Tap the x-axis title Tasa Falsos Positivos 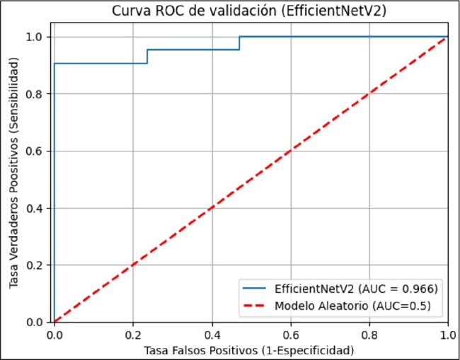coord(249,350)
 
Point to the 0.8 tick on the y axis coord(40,94)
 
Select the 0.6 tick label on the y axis coord(40,151)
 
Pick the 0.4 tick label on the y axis coord(40,208)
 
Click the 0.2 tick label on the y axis coord(40,265)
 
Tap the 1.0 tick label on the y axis coord(40,37)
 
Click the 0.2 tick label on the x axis coord(132,335)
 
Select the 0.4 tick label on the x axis coord(212,335)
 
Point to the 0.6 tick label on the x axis coord(290,335)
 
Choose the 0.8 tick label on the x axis coord(369,335)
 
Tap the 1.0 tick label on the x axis coord(446,335)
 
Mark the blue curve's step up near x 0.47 coord(239,43)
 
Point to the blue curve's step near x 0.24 coord(147,57)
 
